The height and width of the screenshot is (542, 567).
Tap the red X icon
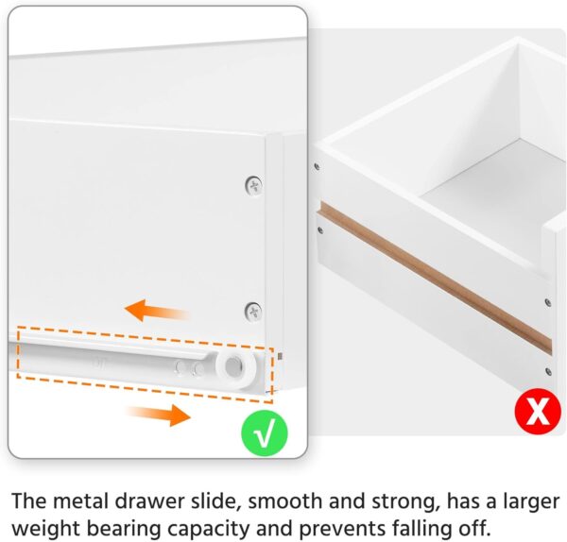click(538, 412)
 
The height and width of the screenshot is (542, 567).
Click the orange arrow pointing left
click(157, 310)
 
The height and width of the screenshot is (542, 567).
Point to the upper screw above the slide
click(252, 185)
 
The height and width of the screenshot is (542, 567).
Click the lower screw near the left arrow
click(252, 309)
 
